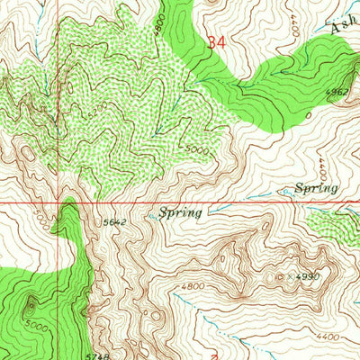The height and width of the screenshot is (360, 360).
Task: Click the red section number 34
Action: (x=215, y=42)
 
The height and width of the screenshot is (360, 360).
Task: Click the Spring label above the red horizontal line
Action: (x=316, y=188)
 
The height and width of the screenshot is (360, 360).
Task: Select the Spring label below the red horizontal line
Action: (x=183, y=213)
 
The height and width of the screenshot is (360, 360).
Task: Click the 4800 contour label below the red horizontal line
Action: (x=192, y=286)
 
